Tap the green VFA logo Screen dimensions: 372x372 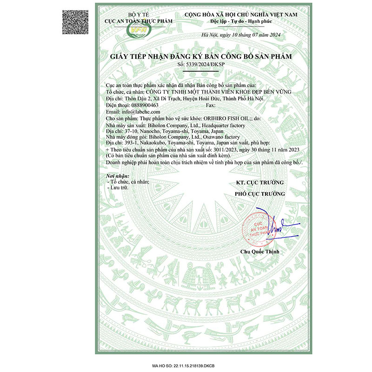tap(138, 31)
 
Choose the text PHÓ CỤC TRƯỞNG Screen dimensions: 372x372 tap(259, 193)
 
